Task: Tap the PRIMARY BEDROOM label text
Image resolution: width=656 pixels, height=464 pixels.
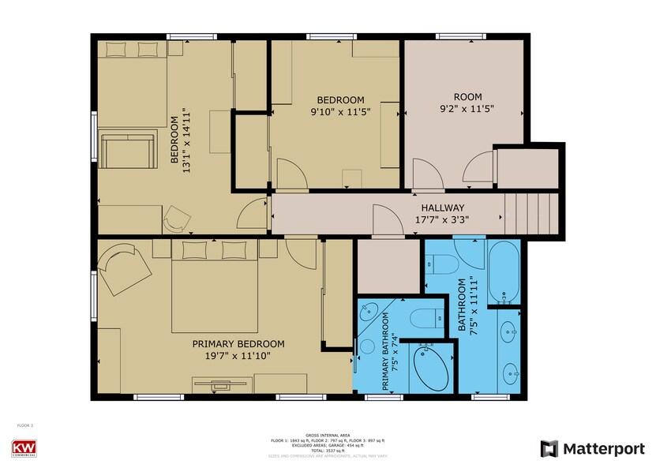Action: tap(238, 344)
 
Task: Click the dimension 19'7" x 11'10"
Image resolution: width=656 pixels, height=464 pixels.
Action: tap(238, 356)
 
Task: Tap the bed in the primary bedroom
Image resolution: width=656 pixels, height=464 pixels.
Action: tap(214, 286)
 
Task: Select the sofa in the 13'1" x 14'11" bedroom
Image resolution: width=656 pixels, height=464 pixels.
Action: tap(126, 152)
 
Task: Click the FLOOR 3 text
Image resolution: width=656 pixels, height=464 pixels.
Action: tap(26, 425)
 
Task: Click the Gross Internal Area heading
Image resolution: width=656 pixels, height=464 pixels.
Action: tap(328, 435)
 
